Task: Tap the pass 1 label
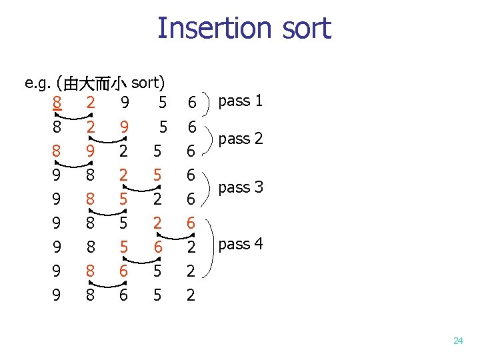click(241, 101)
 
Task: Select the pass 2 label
click(241, 139)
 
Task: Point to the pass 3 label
click(241, 187)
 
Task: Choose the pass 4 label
click(241, 244)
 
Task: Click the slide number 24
click(457, 341)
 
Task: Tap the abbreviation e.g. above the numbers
click(38, 83)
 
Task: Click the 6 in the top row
click(191, 103)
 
